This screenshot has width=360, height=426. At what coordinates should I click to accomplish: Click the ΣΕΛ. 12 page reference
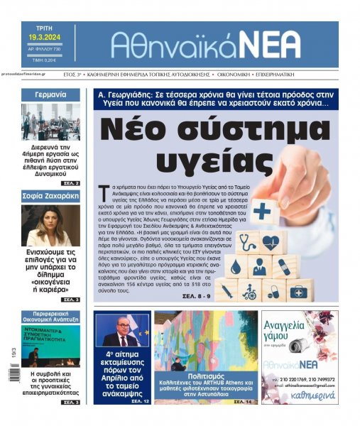(x=138, y=401)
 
